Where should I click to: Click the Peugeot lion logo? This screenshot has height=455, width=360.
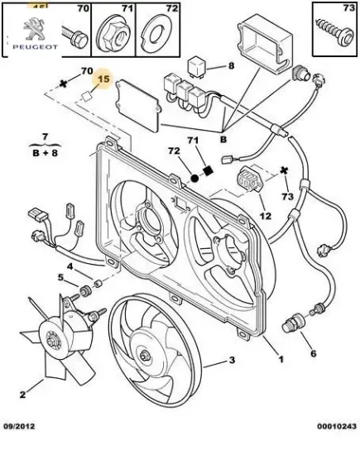click(35, 29)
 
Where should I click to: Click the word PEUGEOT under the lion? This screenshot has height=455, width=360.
click(35, 46)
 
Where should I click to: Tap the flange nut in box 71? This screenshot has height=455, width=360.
click(113, 35)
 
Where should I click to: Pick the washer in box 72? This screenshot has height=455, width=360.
click(156, 35)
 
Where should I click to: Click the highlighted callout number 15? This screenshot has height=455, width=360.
click(103, 79)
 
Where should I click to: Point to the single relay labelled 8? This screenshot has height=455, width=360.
click(196, 68)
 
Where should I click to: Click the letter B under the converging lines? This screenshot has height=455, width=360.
click(223, 140)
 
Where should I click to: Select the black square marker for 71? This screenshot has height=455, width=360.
click(209, 170)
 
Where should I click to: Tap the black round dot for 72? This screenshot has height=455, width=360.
click(194, 178)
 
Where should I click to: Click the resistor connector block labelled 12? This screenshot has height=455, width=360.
click(248, 180)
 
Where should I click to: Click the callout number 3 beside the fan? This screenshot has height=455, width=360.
click(232, 360)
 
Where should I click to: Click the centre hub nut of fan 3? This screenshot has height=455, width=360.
click(143, 355)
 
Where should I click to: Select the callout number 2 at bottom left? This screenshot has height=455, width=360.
click(22, 395)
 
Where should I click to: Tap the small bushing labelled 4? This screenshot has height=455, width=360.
click(98, 282)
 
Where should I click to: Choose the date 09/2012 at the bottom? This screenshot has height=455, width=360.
click(19, 426)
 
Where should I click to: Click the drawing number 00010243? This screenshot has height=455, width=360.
click(337, 426)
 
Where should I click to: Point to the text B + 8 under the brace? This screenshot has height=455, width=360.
click(45, 153)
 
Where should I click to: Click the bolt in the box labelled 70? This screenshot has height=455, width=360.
click(75, 37)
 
